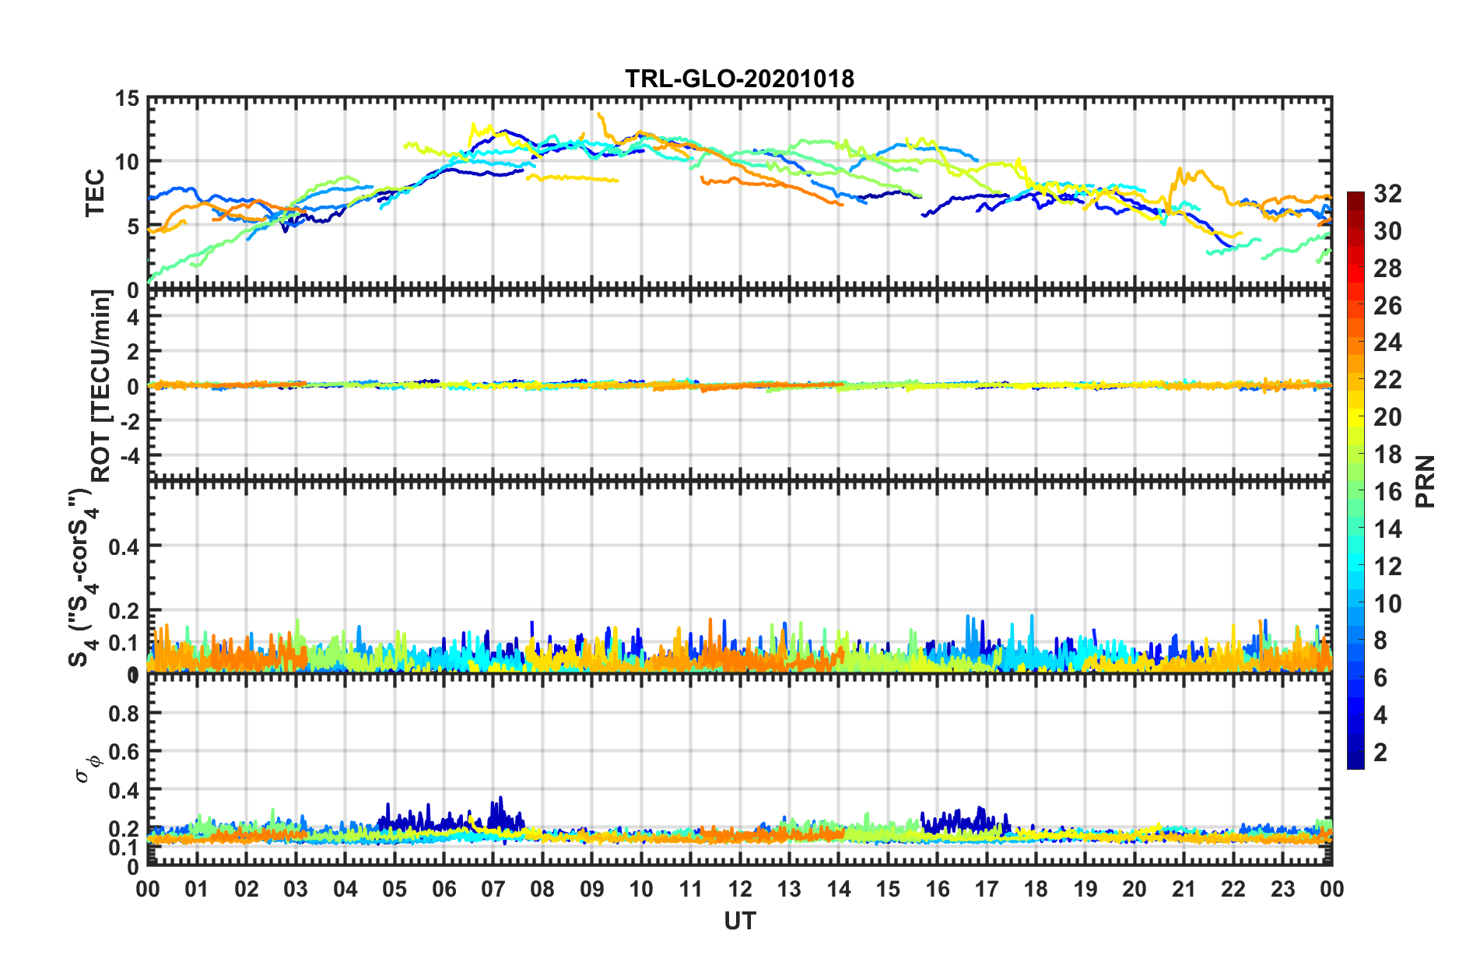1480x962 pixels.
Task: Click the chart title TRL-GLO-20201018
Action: (x=739, y=79)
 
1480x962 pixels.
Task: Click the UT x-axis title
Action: (x=739, y=922)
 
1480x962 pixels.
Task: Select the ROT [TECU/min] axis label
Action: (x=101, y=386)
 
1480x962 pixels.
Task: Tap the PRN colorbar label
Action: (x=1426, y=481)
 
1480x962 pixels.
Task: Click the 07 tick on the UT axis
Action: (x=493, y=890)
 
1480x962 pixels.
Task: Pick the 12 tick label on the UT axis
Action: (x=740, y=890)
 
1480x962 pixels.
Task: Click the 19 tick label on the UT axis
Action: (x=1085, y=890)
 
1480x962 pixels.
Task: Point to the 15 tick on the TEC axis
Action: (x=127, y=99)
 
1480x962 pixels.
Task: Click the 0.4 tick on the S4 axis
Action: (x=124, y=546)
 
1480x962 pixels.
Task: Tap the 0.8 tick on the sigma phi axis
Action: (x=124, y=713)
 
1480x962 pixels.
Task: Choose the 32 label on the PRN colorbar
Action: (x=1387, y=194)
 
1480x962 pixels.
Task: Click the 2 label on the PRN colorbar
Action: (x=1381, y=753)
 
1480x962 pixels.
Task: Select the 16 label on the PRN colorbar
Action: (x=1387, y=492)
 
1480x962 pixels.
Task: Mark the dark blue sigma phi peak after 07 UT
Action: (x=500, y=798)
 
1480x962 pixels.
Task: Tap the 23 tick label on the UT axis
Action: (x=1283, y=890)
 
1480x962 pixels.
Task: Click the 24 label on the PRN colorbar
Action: (x=1387, y=342)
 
